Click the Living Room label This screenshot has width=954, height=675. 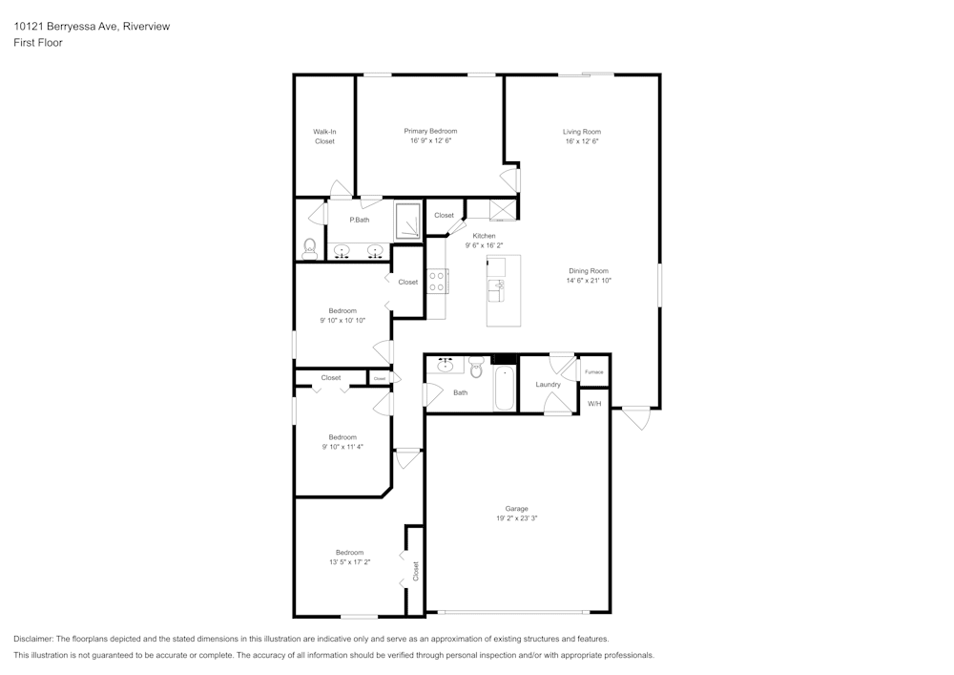pyautogui.click(x=581, y=132)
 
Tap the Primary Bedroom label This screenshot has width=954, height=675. pyautogui.click(x=430, y=132)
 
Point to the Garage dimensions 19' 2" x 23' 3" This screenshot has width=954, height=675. pyautogui.click(x=517, y=518)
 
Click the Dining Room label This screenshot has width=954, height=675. pyautogui.click(x=589, y=271)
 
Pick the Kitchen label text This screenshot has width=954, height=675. pyautogui.click(x=485, y=236)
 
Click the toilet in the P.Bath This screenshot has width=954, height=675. pyautogui.click(x=309, y=249)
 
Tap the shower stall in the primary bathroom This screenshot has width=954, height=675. pyautogui.click(x=408, y=221)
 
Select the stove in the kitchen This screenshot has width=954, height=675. pyautogui.click(x=438, y=281)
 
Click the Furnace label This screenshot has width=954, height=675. pyautogui.click(x=593, y=371)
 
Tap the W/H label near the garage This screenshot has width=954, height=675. pyautogui.click(x=594, y=404)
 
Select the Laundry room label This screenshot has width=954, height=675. pyautogui.click(x=548, y=385)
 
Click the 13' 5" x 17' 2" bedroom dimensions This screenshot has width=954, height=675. pyautogui.click(x=349, y=561)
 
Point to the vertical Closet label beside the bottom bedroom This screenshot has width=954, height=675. pyautogui.click(x=416, y=571)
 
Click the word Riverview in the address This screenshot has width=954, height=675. pyautogui.click(x=145, y=27)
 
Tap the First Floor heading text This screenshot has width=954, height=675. pyautogui.click(x=38, y=43)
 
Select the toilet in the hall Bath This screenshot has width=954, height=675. pyautogui.click(x=476, y=368)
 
